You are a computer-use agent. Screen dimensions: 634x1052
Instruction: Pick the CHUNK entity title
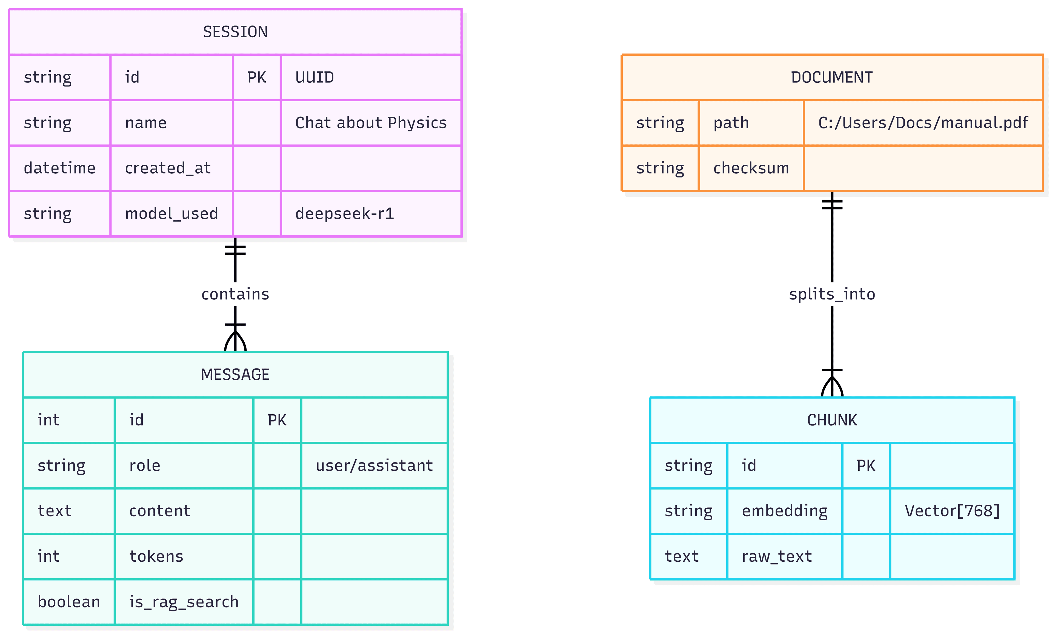(832, 420)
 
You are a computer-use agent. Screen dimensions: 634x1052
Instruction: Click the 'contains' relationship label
(235, 294)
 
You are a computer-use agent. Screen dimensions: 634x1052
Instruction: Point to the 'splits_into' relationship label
(832, 294)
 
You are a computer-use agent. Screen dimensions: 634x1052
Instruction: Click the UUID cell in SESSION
(315, 77)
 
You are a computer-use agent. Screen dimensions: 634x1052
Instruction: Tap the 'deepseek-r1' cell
(345, 213)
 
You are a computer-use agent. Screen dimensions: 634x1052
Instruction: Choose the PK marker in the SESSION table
(257, 77)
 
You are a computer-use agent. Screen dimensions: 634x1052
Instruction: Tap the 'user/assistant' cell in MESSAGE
(374, 465)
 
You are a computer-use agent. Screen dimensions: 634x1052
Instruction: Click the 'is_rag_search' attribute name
(184, 602)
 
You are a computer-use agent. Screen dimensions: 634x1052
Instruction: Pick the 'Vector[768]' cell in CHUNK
(952, 511)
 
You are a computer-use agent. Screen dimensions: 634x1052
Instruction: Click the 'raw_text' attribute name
(777, 556)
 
